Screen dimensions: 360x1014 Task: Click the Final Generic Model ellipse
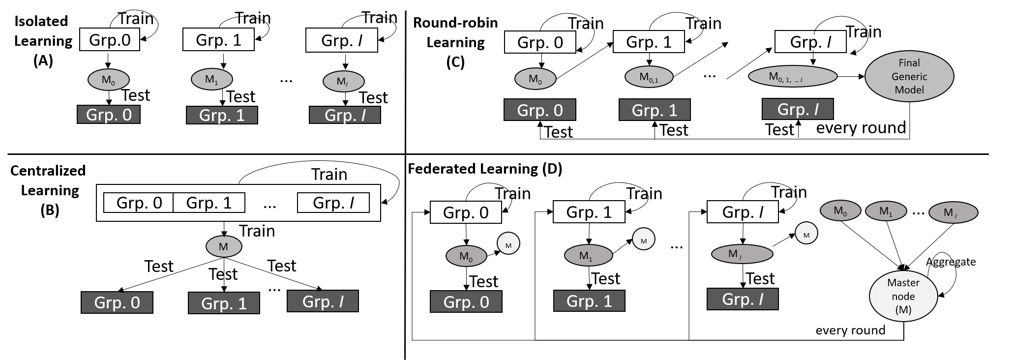pos(909,76)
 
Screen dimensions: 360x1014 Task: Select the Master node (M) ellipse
pos(903,296)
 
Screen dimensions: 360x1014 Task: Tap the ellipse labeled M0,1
pos(649,77)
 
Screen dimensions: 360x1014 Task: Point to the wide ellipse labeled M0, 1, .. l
pos(792,76)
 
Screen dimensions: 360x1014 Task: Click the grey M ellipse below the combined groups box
pos(223,246)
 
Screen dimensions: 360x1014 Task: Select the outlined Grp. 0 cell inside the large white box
pos(139,203)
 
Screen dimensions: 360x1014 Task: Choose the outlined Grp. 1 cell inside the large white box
pos(209,203)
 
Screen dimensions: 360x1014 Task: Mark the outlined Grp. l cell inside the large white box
pos(333,203)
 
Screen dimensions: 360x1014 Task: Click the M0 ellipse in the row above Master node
pos(840,211)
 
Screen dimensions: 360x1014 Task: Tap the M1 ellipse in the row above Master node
pos(885,211)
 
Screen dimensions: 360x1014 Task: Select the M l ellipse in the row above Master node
pos(953,212)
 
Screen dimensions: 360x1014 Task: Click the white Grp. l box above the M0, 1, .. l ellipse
pos(810,42)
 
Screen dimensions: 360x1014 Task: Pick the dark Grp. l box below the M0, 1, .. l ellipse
pos(797,109)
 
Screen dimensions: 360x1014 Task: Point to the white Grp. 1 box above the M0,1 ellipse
pos(648,42)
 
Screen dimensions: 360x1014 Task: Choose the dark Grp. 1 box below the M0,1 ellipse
pos(654,110)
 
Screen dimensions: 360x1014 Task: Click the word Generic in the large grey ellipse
pos(909,77)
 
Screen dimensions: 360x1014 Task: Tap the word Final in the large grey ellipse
pos(909,63)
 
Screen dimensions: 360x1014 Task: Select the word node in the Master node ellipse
pos(903,297)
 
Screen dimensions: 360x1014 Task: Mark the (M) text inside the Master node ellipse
pos(903,310)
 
